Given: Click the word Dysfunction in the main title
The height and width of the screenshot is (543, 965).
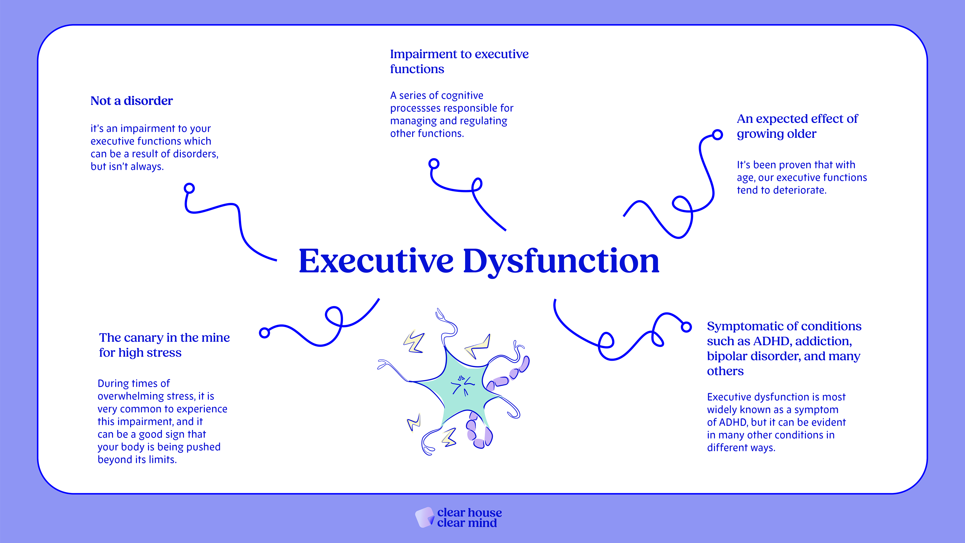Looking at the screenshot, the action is pos(561,261).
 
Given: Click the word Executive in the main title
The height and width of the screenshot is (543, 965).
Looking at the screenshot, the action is pos(376,261).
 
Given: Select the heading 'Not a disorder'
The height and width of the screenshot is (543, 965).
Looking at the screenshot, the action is pos(131,101).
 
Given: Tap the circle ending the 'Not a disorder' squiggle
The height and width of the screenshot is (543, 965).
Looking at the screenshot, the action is pos(189,188).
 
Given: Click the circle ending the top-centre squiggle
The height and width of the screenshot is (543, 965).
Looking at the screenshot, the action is pos(434,164).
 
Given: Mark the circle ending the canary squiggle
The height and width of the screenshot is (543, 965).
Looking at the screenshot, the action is pos(264,332).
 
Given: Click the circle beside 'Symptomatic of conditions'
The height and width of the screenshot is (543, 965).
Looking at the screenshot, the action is pos(686,327).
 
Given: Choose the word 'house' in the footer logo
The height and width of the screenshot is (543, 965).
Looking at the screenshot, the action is pos(485,512).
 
